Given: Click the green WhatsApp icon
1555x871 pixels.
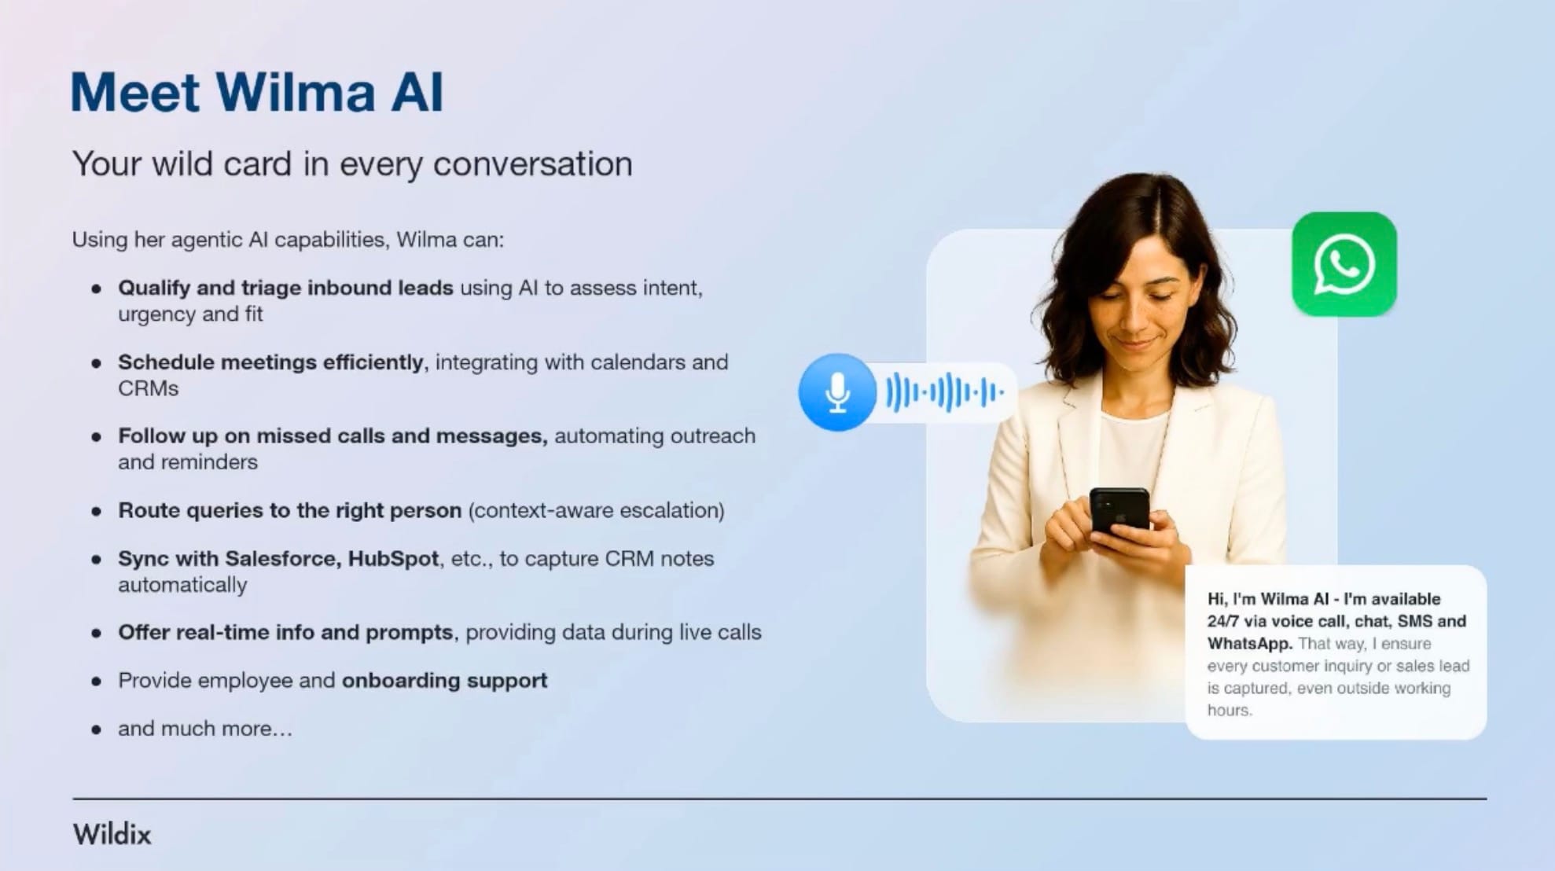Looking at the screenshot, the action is [x=1344, y=264].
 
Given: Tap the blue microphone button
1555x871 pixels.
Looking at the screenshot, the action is [x=837, y=392].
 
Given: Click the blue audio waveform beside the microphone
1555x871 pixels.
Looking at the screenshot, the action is [x=945, y=391].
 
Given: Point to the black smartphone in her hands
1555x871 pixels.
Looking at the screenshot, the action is [x=1119, y=512].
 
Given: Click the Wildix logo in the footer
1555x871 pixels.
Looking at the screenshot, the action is [x=112, y=834].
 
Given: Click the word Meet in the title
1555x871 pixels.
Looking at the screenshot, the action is [x=135, y=92].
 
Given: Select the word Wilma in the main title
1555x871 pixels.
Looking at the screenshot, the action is [x=296, y=92].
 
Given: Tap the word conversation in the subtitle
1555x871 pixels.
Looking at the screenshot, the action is [x=533, y=164].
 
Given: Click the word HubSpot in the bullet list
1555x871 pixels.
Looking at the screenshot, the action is [x=393, y=559].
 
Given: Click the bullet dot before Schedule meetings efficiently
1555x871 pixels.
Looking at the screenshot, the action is [x=97, y=363].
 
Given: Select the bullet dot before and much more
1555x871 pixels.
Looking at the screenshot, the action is [x=97, y=730].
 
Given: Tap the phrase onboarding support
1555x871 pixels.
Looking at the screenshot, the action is [x=444, y=681].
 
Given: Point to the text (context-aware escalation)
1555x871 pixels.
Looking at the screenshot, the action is [x=597, y=511].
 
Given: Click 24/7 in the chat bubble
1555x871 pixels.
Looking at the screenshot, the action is [x=1222, y=621].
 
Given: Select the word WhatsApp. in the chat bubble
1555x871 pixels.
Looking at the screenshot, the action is [x=1250, y=643].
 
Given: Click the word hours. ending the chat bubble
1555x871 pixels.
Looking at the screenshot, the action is [x=1230, y=710].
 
